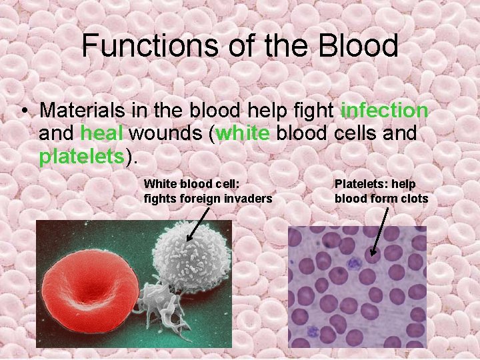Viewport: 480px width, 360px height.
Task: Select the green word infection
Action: (384, 110)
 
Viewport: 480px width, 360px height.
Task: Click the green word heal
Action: (101, 133)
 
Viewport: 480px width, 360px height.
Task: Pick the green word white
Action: (243, 133)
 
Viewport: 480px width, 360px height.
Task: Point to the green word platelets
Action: (82, 157)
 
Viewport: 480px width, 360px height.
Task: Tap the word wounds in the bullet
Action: (167, 133)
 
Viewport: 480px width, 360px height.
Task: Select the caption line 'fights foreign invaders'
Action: (208, 198)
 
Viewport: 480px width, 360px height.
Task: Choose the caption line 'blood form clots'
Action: (381, 198)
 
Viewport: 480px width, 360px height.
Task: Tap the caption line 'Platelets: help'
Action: (375, 184)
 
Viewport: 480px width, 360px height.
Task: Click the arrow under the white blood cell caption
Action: (199, 223)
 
